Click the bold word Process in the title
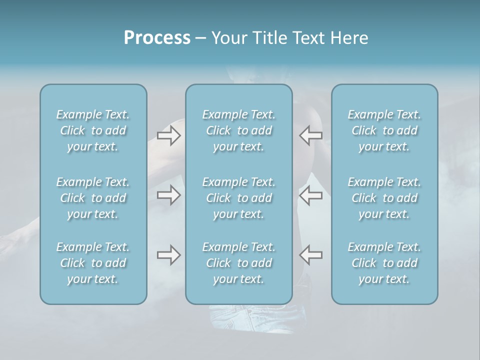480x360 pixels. [157, 38]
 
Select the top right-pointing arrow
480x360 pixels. [168, 135]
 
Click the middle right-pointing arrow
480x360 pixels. [168, 194]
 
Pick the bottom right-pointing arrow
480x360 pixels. [168, 255]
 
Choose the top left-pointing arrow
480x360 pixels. [311, 135]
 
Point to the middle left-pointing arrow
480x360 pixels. [311, 194]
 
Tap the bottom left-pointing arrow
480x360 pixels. [311, 255]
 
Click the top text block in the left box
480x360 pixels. [93, 130]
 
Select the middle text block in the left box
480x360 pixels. [93, 198]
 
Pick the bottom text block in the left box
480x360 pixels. [93, 263]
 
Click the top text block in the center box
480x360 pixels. [238, 130]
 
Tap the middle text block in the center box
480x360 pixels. [238, 198]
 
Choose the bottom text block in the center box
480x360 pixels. [238, 263]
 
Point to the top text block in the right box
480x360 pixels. [384, 130]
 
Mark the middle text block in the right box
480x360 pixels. [384, 198]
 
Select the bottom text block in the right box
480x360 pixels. [384, 263]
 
